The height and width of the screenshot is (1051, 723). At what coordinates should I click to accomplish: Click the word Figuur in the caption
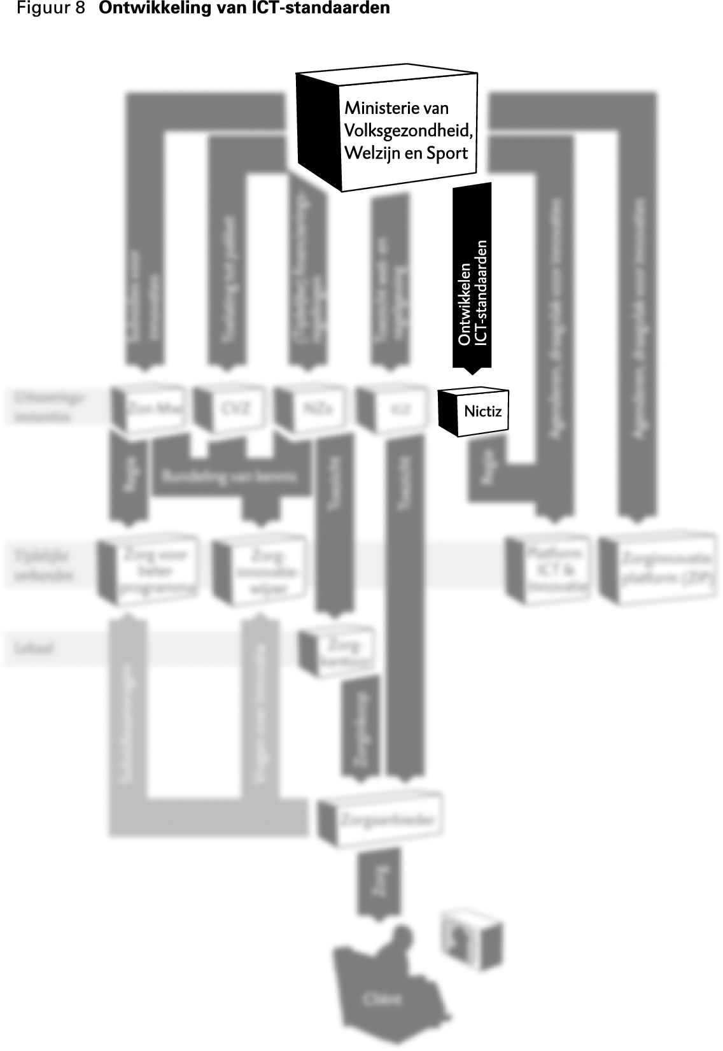41,9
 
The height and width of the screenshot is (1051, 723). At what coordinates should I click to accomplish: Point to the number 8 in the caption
80,9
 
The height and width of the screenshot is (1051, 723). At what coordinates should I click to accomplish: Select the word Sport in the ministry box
447,153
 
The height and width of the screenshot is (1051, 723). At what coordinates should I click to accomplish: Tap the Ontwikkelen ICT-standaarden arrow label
472,293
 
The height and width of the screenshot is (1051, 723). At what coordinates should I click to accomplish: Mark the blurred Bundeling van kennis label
229,476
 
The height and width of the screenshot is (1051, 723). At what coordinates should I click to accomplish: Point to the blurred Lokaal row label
35,649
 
